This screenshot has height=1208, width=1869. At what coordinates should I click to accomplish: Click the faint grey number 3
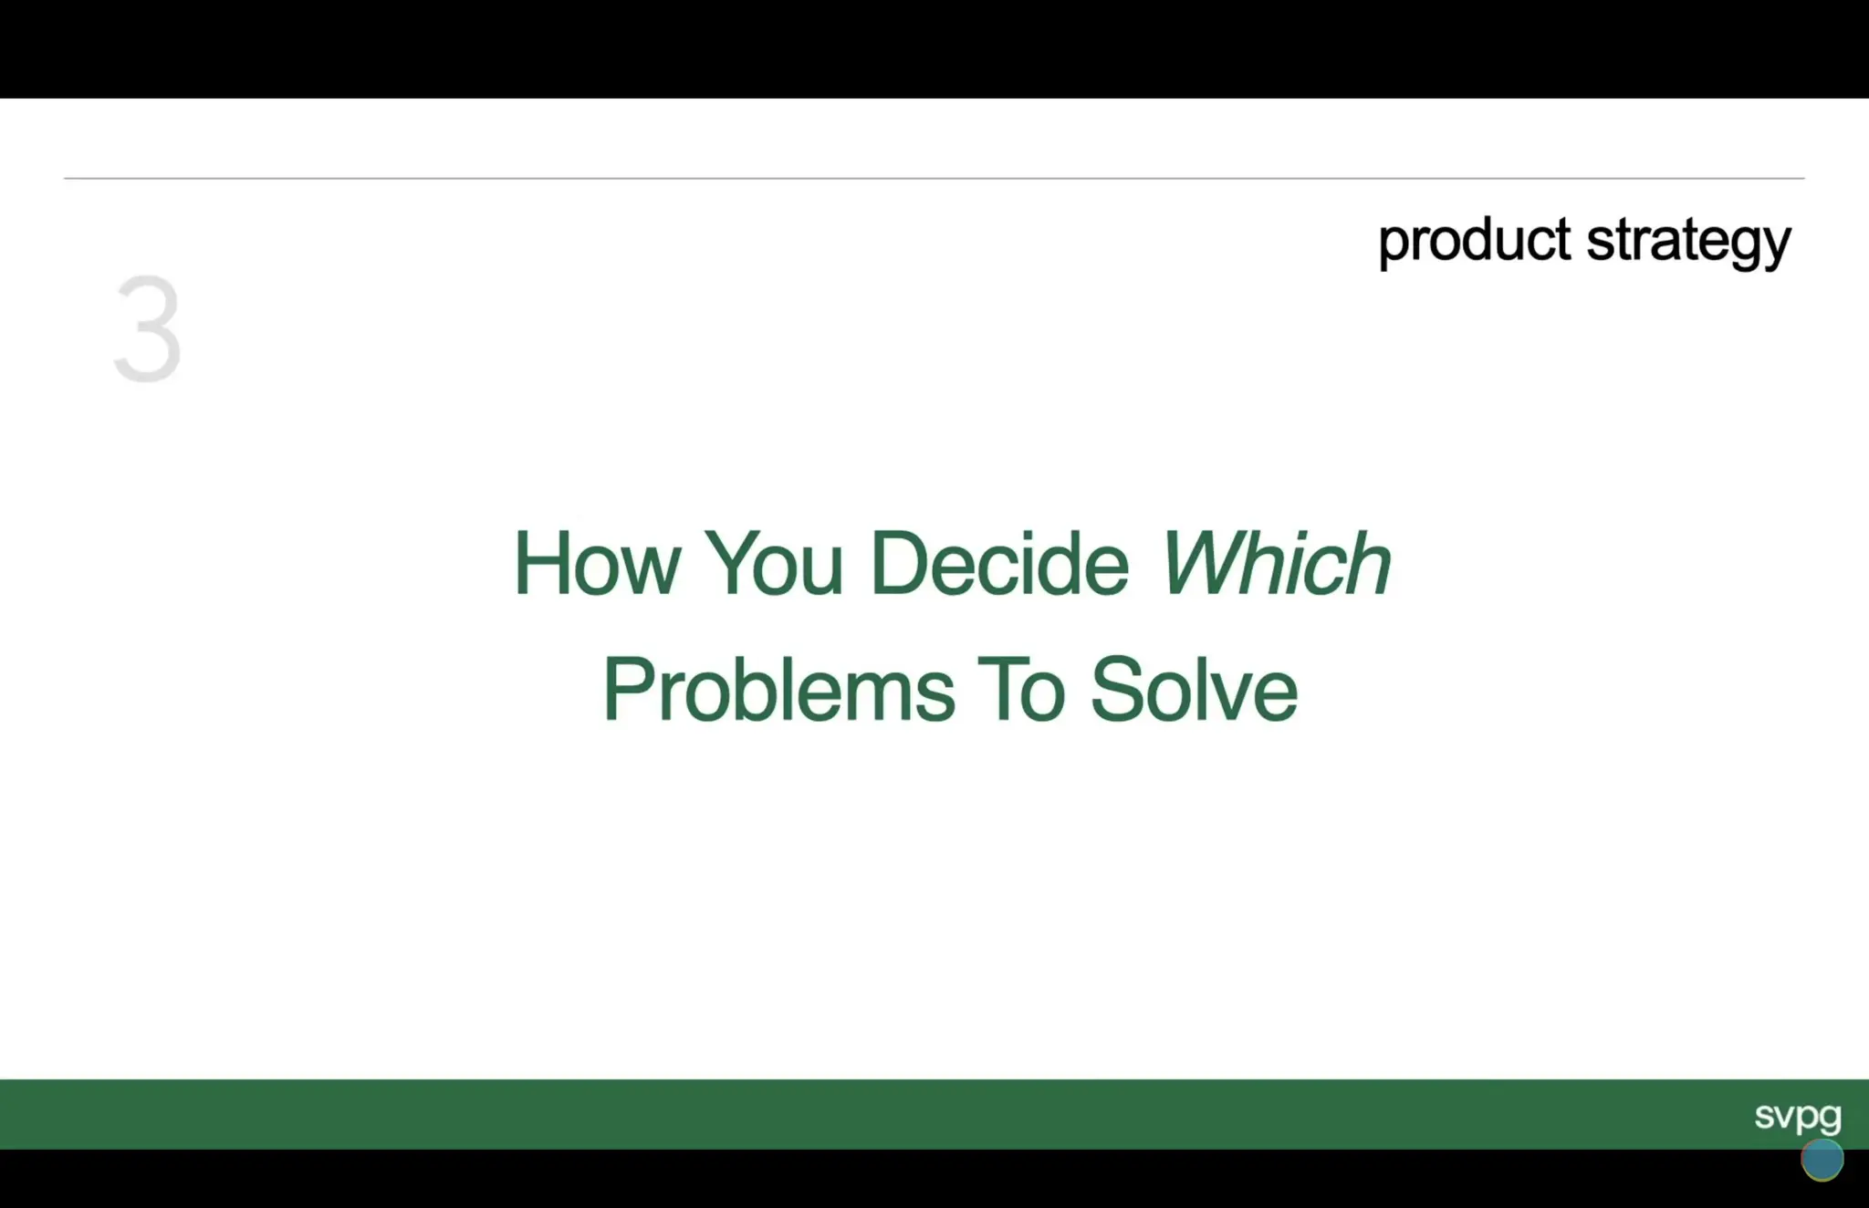tap(148, 328)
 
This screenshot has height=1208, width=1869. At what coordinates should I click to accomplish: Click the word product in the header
tap(1473, 241)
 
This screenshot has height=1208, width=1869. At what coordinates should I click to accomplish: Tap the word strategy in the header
tap(1688, 243)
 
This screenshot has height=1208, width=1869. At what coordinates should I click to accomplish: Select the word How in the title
tap(597, 564)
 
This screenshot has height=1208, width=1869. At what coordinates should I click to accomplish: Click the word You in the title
tap(773, 564)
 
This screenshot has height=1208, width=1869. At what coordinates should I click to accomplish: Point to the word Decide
tap(999, 564)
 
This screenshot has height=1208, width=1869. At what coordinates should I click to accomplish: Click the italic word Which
tap(1275, 564)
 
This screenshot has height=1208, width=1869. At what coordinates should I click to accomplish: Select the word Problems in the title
tap(778, 690)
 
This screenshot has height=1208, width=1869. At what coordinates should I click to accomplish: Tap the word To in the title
tap(1020, 690)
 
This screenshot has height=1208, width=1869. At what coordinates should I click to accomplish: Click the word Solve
tap(1194, 690)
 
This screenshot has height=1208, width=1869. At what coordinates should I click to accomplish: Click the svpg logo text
tap(1797, 1115)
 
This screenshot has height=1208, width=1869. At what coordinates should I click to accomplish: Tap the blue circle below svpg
tap(1822, 1160)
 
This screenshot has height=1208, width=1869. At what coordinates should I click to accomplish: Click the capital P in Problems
tap(628, 690)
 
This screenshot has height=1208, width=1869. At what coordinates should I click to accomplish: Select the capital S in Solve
tap(1119, 690)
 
